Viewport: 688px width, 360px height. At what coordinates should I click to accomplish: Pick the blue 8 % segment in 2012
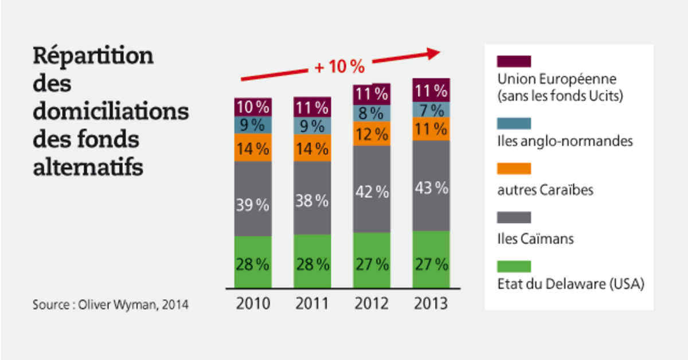pos(372,113)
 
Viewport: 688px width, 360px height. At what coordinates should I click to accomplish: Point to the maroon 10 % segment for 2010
pos(253,107)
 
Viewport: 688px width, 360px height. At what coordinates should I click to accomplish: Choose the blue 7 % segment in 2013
pos(431,110)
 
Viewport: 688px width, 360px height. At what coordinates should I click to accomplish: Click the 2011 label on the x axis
pos(312,303)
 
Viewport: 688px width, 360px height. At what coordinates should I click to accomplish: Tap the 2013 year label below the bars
pos(431,303)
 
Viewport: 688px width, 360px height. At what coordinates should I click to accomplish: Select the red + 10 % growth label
pos(339,66)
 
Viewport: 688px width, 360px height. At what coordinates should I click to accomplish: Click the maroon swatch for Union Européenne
pos(514,61)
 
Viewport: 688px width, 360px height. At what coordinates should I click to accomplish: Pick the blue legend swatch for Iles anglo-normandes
pos(514,123)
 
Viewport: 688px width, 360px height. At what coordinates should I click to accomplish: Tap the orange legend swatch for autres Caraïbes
pos(514,169)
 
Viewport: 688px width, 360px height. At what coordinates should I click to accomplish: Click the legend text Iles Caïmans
pos(535,238)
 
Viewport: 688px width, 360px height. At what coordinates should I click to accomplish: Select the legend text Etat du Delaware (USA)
pos(571,283)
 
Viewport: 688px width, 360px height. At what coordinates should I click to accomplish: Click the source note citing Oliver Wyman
pos(111,304)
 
